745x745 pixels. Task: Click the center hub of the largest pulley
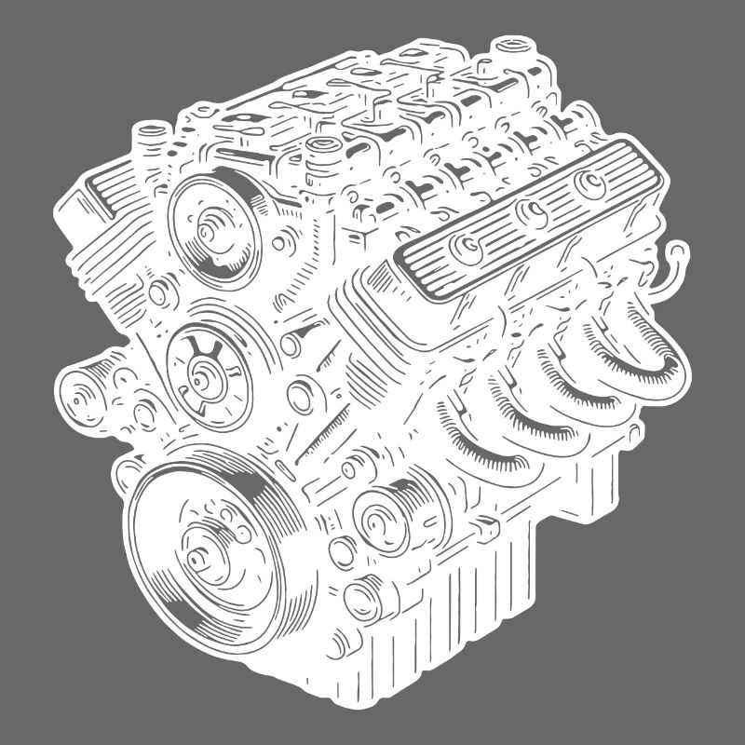tap(203, 559)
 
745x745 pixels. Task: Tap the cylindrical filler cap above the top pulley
tap(322, 154)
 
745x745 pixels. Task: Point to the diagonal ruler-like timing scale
tap(317, 438)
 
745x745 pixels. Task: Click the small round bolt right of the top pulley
tap(279, 245)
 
